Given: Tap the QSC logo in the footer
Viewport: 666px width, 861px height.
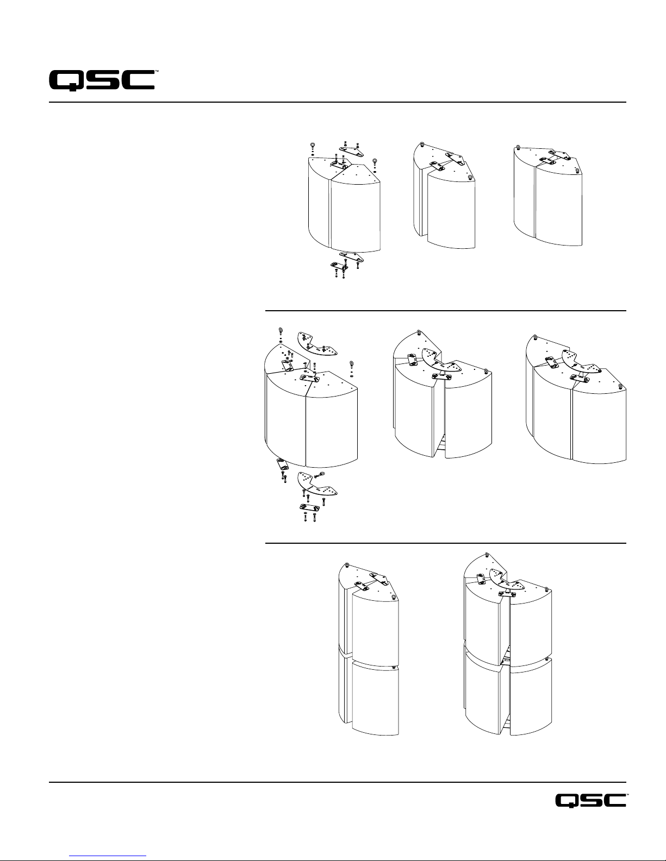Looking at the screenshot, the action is pyautogui.click(x=590, y=800).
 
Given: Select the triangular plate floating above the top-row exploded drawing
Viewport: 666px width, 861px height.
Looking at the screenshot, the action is pyautogui.click(x=351, y=150).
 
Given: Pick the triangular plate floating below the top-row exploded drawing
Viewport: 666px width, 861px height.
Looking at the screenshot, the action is pyautogui.click(x=352, y=256).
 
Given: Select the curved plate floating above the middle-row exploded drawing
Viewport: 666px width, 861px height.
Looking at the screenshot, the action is pyautogui.click(x=317, y=344).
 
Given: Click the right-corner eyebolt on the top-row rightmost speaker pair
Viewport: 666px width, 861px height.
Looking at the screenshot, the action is pyautogui.click(x=577, y=171).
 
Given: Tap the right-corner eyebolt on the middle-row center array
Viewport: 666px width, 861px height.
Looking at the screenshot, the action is pyautogui.click(x=486, y=371).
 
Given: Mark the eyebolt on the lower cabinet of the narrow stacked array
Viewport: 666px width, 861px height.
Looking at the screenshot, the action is pyautogui.click(x=393, y=668).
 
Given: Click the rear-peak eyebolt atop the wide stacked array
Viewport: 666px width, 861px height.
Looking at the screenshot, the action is pyautogui.click(x=487, y=554).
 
